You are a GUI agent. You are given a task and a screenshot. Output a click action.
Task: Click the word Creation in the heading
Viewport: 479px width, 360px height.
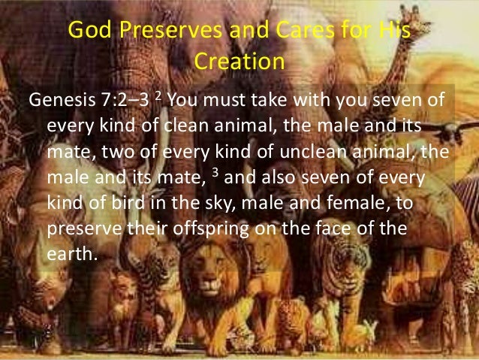[x=239, y=62]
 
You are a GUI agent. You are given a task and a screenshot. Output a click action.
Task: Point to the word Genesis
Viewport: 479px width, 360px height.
[x=62, y=101]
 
